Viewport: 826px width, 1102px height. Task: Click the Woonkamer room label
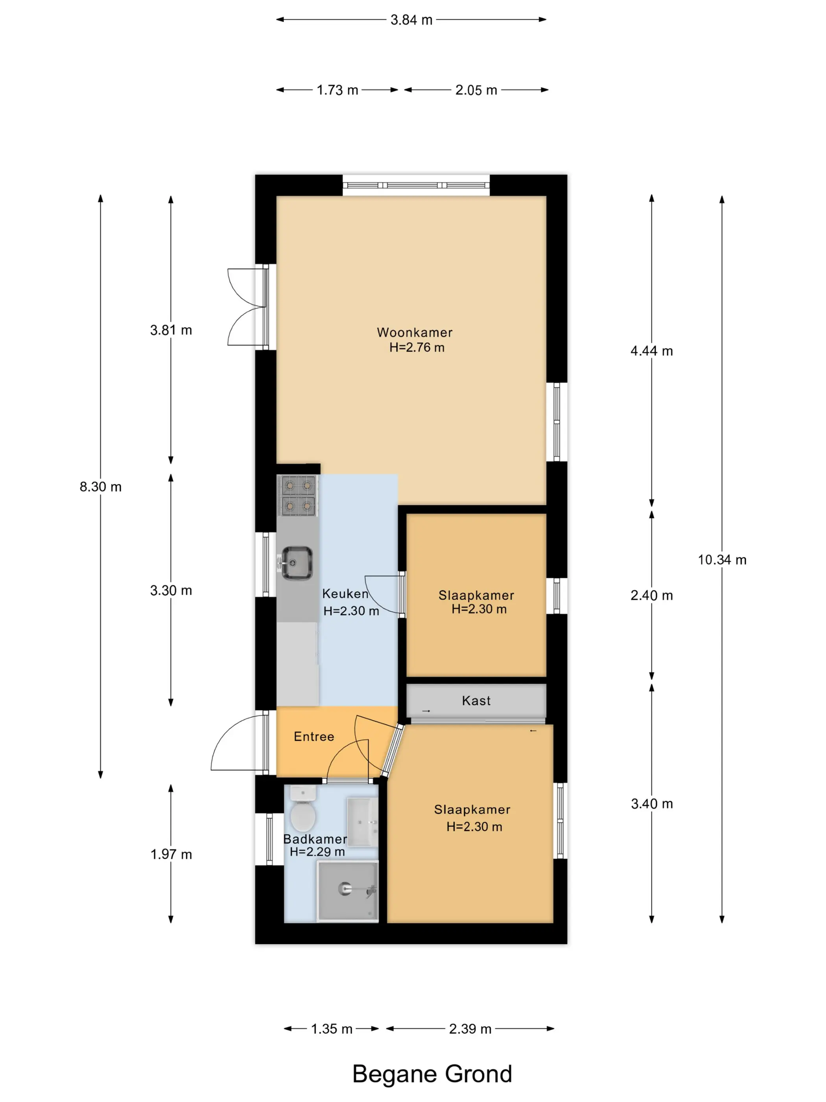pos(414,332)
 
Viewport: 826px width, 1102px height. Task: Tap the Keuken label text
pos(345,594)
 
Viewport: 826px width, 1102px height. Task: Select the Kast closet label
pos(476,701)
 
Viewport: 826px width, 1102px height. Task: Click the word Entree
pos(313,736)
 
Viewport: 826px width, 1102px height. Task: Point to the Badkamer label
pos(315,839)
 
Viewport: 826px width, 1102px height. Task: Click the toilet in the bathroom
pos(303,808)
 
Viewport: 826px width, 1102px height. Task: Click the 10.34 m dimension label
pos(722,560)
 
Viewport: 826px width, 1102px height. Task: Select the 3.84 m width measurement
pos(411,20)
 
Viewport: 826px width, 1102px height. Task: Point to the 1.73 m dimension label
pos(337,90)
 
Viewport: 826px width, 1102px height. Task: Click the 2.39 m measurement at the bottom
pos(470,1029)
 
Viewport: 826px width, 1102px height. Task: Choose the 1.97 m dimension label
pos(171,854)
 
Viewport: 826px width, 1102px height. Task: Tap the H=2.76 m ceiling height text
pos(417,347)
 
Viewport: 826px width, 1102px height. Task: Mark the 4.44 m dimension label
pos(651,351)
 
